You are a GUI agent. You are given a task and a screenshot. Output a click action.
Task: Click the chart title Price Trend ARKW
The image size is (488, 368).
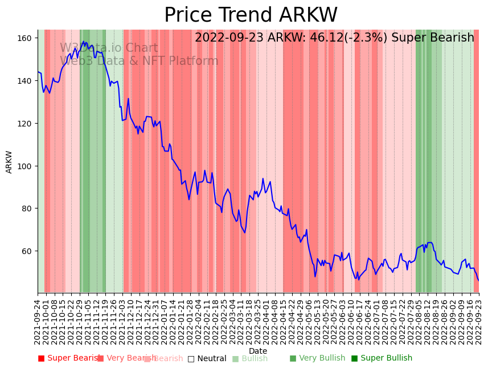point(251,15)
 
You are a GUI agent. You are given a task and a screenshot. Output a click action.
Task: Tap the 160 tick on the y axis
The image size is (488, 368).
point(24,38)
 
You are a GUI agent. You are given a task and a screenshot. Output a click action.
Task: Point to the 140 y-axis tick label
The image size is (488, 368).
point(24,81)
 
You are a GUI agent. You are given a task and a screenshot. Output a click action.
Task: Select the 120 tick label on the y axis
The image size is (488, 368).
point(24,124)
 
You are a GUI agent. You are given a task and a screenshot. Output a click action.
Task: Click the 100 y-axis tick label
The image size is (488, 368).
point(24,166)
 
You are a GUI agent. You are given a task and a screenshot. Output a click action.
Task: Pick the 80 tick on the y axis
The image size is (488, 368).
point(27,208)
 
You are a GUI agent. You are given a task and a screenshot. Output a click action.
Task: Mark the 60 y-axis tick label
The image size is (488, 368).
point(27,251)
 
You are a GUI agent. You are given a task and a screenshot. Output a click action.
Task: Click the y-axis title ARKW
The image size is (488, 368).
point(9,162)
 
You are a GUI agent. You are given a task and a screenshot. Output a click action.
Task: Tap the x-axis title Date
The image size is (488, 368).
point(258,351)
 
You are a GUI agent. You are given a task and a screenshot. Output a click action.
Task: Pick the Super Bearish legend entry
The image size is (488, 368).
point(70,358)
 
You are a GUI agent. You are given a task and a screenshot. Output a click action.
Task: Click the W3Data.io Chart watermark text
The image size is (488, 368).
point(109,48)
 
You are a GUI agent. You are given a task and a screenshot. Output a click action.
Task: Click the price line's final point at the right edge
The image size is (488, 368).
point(478,280)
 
